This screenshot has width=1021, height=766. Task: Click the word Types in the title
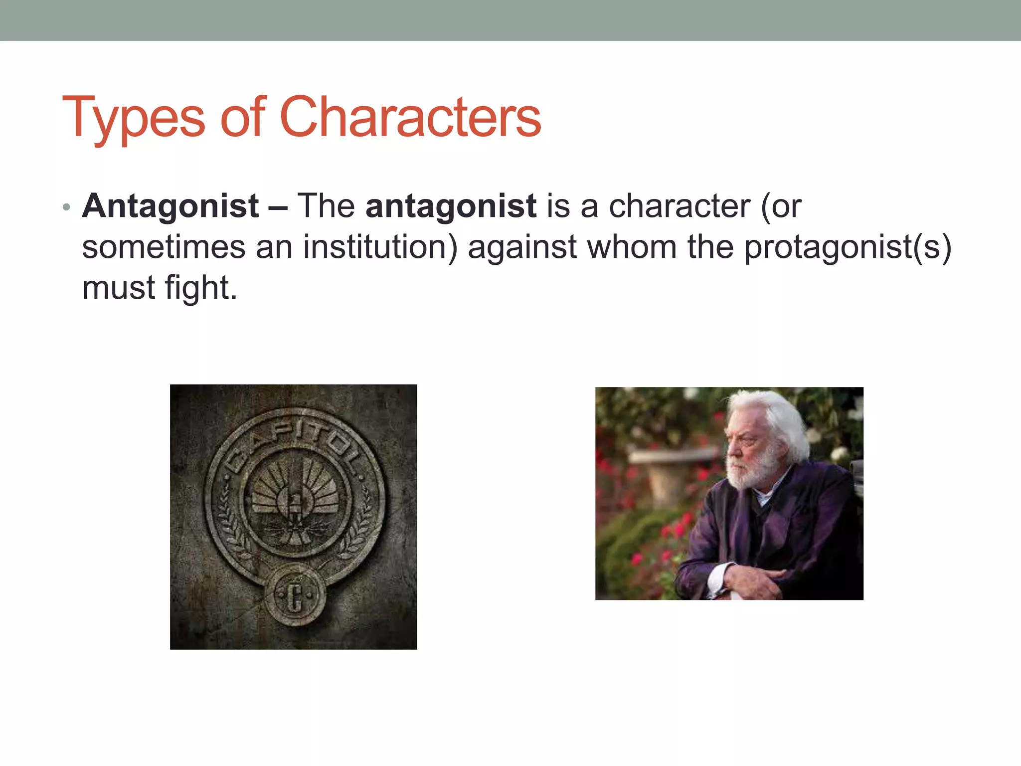pyautogui.click(x=134, y=118)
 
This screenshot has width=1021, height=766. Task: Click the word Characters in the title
pyautogui.click(x=410, y=118)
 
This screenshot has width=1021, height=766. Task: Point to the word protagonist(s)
pyautogui.click(x=848, y=247)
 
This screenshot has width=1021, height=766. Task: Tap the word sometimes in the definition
pyautogui.click(x=164, y=247)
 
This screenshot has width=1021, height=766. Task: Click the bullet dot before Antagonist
pyautogui.click(x=67, y=207)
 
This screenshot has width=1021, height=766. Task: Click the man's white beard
pyautogui.click(x=748, y=471)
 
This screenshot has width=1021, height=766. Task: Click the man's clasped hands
pyautogui.click(x=753, y=578)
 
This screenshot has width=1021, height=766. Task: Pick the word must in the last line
pyautogui.click(x=119, y=288)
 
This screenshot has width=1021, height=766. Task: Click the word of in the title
pyautogui.click(x=242, y=118)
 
